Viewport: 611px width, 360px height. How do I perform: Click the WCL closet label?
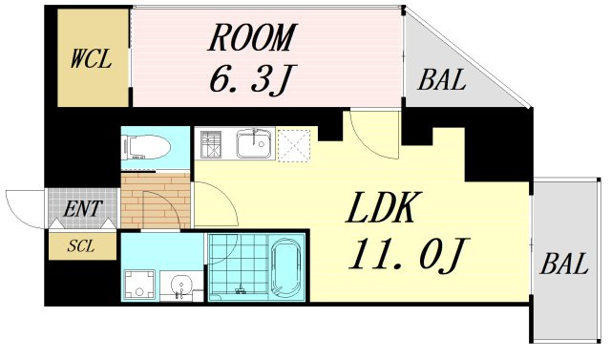[x=92, y=59]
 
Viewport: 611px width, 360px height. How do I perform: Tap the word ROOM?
[x=252, y=38]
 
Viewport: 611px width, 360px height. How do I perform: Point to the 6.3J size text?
[x=251, y=79]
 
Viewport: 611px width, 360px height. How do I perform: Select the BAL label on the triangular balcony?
[x=442, y=79]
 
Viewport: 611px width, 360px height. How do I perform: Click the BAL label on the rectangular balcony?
[x=564, y=264]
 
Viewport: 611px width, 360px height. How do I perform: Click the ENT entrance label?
[x=83, y=208]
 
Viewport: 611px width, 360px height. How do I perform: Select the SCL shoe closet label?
[x=81, y=245]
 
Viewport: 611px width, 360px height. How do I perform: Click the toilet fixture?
[x=146, y=147]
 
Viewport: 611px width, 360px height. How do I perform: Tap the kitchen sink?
[x=254, y=144]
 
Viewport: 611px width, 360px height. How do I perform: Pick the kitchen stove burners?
[x=211, y=144]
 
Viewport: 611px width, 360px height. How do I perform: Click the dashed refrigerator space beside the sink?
[x=294, y=145]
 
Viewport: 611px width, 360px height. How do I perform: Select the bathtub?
[x=286, y=266]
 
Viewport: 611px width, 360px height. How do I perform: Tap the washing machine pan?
[x=139, y=285]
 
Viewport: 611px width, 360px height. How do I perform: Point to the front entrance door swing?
[x=24, y=210]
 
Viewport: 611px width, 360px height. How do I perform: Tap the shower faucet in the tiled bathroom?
[x=240, y=289]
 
